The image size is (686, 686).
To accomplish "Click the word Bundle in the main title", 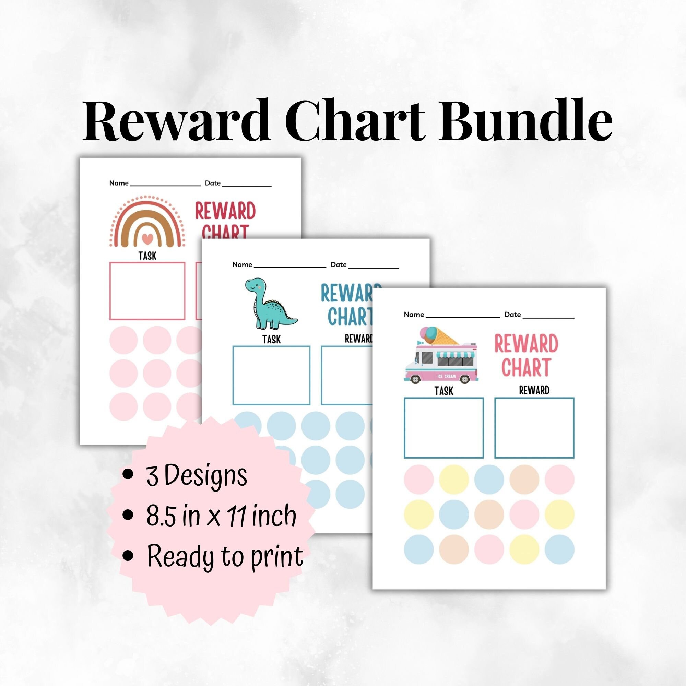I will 525,120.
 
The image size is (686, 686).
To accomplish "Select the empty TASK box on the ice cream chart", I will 443,428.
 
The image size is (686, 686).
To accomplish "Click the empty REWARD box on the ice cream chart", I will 534,428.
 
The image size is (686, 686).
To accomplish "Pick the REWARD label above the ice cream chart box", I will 534,390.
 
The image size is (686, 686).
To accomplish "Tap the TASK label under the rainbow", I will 147,256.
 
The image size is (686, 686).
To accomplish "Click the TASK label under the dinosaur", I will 272,340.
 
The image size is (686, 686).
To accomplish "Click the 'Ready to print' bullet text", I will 225,556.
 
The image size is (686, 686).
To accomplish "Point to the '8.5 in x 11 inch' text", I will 221,516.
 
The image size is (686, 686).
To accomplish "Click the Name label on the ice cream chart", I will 414,315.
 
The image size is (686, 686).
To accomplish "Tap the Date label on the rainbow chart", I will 213,183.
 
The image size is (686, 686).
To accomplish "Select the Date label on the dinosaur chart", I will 339,264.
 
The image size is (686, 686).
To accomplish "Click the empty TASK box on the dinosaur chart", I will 271,375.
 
